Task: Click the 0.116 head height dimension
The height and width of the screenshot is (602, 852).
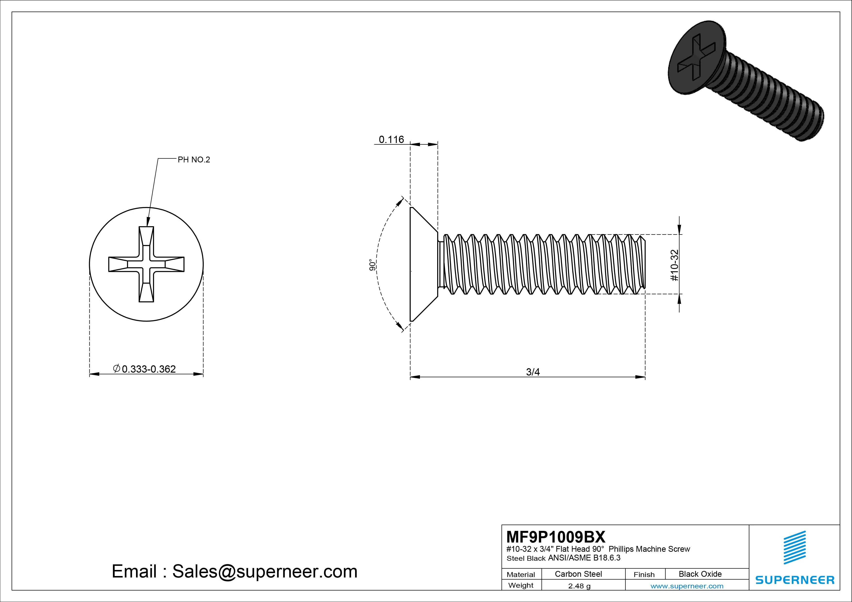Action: coord(391,140)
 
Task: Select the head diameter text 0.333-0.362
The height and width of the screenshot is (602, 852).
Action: coord(148,369)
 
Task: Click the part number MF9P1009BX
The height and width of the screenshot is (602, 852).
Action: coord(555,537)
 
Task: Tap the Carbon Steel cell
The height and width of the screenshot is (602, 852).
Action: coord(578,574)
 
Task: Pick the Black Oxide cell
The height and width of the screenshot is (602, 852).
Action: coord(700,574)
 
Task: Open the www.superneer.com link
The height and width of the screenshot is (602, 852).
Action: coord(687,586)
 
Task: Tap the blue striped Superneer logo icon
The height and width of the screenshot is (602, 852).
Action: coord(794,547)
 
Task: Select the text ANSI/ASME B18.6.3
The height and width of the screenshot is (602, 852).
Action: coord(584,558)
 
